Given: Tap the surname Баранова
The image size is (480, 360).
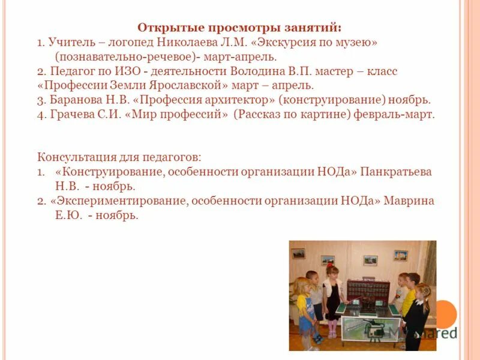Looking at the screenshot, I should (77, 100).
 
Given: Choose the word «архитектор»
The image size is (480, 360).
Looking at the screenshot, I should (242, 100).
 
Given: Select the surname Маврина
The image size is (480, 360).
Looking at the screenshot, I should (409, 200).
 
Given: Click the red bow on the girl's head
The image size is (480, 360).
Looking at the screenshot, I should (330, 266).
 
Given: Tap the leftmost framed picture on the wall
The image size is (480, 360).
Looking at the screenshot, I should (298, 253).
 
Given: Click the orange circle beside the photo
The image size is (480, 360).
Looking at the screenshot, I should (446, 314).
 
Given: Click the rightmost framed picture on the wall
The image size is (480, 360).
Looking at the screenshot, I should (400, 255).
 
